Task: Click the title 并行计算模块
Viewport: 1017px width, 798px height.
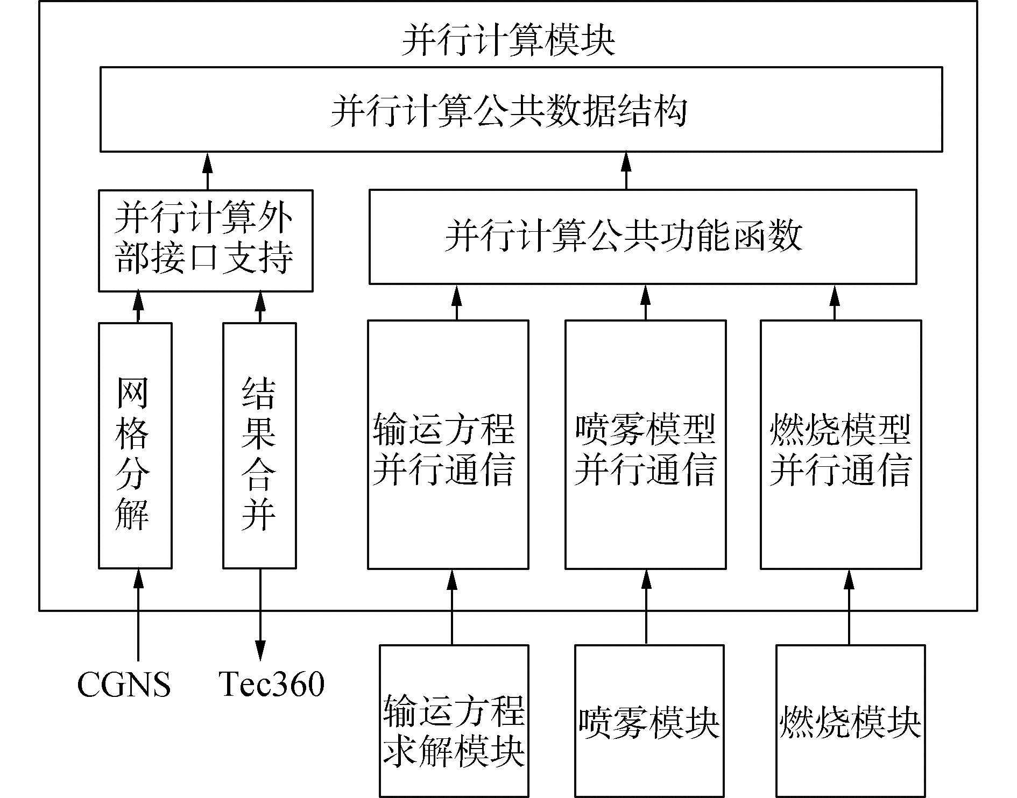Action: coord(508,40)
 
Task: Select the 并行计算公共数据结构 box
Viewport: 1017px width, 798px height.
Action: coord(521,109)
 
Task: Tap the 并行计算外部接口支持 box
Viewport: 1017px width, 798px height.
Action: coord(206,240)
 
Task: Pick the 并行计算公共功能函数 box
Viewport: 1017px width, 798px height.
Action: coord(642,237)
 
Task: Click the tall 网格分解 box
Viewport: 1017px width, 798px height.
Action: coord(135,445)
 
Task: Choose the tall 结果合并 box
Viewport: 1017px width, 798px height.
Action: coord(259,445)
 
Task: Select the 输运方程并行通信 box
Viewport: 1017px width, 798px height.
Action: coord(448,444)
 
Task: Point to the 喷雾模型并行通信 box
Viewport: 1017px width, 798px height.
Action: coord(645,444)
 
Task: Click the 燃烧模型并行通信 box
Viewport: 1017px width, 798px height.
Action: coord(841,444)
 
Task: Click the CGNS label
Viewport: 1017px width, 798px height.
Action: coord(124,685)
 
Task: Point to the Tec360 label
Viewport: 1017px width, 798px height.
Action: coord(272,685)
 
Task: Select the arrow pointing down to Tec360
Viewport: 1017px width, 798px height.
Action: coord(260,613)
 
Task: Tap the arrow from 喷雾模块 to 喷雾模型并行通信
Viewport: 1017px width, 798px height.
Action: coord(646,607)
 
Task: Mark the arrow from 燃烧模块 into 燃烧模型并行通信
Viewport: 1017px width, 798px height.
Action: coord(850,607)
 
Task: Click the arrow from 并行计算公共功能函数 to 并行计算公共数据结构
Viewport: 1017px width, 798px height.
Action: coord(626,170)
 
